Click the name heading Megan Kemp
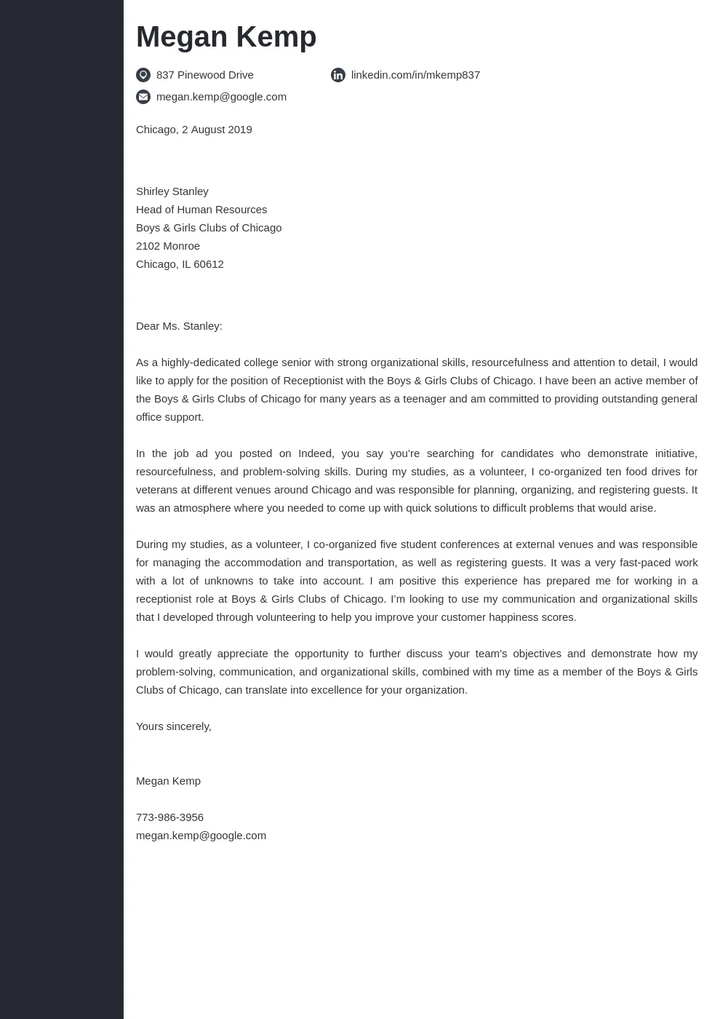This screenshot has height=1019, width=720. pyautogui.click(x=225, y=37)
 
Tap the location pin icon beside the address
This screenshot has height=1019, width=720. pyautogui.click(x=143, y=75)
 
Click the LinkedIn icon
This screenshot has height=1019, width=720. pyautogui.click(x=338, y=75)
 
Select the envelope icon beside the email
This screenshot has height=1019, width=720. pyautogui.click(x=143, y=97)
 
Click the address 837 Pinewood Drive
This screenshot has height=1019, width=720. pyautogui.click(x=204, y=75)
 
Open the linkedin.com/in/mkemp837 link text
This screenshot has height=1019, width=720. pyautogui.click(x=415, y=75)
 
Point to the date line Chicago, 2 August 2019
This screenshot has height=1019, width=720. pyautogui.click(x=193, y=130)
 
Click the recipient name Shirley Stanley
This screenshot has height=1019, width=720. pyautogui.click(x=172, y=191)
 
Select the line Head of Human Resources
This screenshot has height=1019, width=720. pyautogui.click(x=201, y=210)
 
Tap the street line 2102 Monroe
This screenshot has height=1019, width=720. pyautogui.click(x=167, y=246)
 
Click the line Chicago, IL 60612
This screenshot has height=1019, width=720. pyautogui.click(x=180, y=264)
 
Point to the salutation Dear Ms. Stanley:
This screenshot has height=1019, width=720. pyautogui.click(x=179, y=326)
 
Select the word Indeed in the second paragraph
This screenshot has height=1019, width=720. pyautogui.click(x=315, y=453)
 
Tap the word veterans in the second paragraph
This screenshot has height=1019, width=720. pyautogui.click(x=157, y=490)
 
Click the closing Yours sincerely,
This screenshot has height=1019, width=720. pyautogui.click(x=173, y=726)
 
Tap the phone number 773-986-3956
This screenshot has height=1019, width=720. pyautogui.click(x=169, y=817)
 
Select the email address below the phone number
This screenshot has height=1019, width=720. pyautogui.click(x=201, y=836)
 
